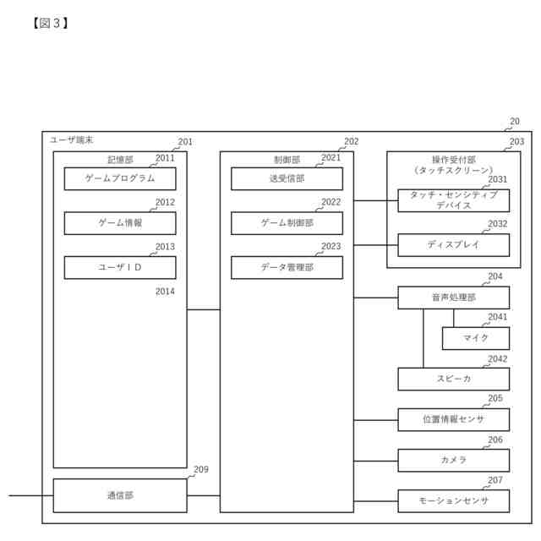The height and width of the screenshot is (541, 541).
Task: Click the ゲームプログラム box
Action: (120, 178)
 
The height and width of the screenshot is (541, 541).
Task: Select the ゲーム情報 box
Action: (120, 223)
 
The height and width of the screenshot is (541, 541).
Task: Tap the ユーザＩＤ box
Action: (120, 267)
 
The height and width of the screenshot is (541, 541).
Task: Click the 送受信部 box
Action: (287, 178)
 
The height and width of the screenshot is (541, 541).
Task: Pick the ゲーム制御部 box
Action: (287, 223)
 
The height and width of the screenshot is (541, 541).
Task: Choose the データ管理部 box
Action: (287, 267)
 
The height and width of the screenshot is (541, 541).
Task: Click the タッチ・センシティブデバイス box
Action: (454, 200)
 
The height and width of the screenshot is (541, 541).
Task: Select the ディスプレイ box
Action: (454, 245)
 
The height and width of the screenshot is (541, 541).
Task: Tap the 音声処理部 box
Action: (454, 298)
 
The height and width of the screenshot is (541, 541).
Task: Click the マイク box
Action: (476, 338)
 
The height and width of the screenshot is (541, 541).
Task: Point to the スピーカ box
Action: (454, 379)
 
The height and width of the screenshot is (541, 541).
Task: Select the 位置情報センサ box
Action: (454, 419)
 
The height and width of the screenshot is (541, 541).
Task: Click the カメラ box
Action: (454, 460)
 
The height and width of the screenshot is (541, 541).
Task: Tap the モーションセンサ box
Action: (454, 500)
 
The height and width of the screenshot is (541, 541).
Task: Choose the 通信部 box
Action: (120, 495)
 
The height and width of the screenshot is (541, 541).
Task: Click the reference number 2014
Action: (165, 292)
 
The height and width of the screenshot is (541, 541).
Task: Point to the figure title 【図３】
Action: (50, 23)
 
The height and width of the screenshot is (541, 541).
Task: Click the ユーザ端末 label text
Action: (72, 139)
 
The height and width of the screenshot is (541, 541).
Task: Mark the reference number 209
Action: (200, 470)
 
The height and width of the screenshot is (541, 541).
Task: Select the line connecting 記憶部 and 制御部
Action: (204, 310)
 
